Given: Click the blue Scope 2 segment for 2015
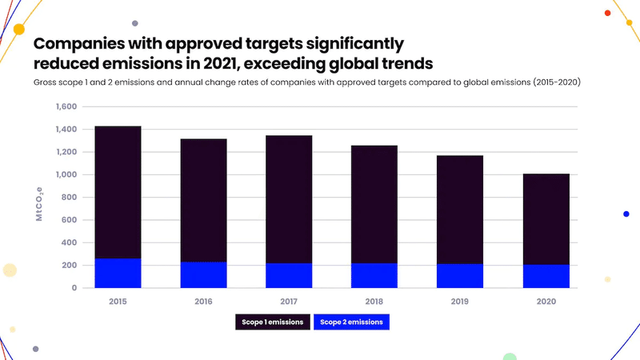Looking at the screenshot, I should (118, 273).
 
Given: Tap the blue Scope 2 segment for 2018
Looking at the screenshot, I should (374, 275).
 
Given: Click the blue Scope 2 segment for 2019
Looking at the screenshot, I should (460, 275).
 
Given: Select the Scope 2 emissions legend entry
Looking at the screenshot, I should (351, 322).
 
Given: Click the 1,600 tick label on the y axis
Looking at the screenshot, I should (66, 106).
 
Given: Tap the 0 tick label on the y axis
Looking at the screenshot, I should (74, 287).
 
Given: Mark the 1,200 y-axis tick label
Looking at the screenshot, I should (66, 152).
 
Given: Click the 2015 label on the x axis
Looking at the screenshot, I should (118, 302).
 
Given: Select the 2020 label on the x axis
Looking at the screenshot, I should (546, 302).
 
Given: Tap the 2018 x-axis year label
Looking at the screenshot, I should (374, 302).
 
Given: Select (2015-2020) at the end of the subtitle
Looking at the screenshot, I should (557, 82).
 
